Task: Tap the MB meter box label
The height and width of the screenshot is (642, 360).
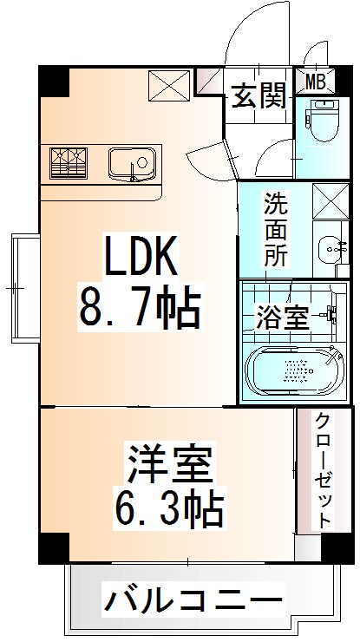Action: pyautogui.click(x=317, y=82)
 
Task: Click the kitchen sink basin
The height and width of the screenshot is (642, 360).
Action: pyautogui.click(x=131, y=162)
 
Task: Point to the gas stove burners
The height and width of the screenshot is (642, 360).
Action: pyautogui.click(x=70, y=162)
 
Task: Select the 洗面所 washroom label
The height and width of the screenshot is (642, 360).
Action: pyautogui.click(x=278, y=229)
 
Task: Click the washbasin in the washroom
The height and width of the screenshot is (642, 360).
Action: pyautogui.click(x=331, y=249)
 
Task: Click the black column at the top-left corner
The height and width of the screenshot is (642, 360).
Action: pyautogui.click(x=53, y=81)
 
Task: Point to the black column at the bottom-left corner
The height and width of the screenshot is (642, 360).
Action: pyautogui.click(x=53, y=547)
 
